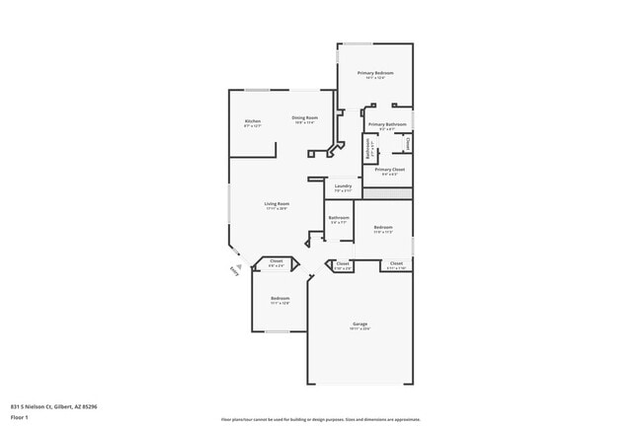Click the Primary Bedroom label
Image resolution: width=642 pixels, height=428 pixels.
[375, 74]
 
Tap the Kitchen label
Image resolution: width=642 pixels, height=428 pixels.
[253, 121]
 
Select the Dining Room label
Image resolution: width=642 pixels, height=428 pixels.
[304, 118]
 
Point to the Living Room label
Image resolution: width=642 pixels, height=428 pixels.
[277, 204]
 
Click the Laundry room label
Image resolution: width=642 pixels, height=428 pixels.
[344, 185]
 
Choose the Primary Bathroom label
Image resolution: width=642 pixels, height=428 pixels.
[388, 124]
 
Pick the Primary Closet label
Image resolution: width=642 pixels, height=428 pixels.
[390, 170]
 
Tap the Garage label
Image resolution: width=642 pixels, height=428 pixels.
[361, 323]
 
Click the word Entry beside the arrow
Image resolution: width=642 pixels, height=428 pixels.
[234, 270]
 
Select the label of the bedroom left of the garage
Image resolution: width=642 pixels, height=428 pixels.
[281, 298]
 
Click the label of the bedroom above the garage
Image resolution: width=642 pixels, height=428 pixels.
[383, 228]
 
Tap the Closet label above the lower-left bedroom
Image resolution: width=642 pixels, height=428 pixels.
[277, 261]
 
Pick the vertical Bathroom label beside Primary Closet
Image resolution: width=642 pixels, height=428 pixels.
[369, 151]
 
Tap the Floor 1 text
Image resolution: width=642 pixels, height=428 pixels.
[20, 417]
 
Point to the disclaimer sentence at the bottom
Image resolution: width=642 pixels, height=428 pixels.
[321, 418]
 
